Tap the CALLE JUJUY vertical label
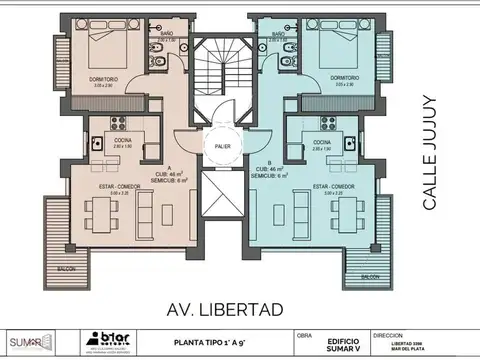point(430,152)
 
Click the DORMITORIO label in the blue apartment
point(346,78)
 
